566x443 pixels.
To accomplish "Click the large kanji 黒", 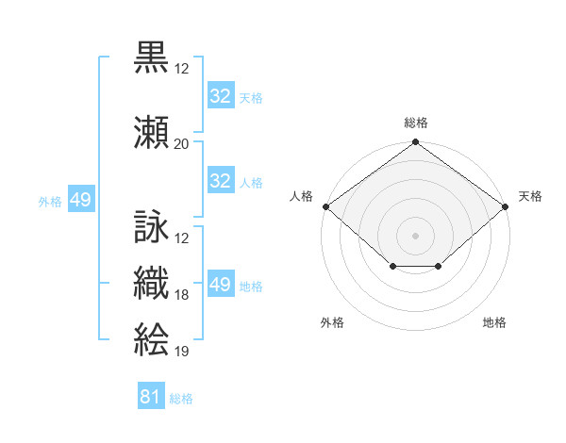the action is click(x=151, y=57).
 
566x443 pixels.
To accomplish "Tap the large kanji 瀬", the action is click(x=151, y=132).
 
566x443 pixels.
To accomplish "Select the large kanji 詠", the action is click(x=151, y=226).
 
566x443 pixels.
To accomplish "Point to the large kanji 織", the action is click(x=151, y=283).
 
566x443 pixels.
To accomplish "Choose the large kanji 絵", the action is click(x=151, y=339).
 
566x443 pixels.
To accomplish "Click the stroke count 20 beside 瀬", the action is click(x=181, y=144).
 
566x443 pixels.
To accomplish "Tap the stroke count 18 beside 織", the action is click(x=181, y=295).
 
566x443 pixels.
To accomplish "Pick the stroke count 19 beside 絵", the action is click(x=181, y=352).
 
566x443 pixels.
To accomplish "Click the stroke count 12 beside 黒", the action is click(x=181, y=69).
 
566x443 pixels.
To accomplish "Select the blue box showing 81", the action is click(x=151, y=395).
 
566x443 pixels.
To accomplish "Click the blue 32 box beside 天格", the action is click(x=221, y=95).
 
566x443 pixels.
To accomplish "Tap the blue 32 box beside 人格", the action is click(x=221, y=180).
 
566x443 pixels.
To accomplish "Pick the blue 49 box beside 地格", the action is click(x=221, y=283).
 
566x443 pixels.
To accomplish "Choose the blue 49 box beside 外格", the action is click(x=81, y=199).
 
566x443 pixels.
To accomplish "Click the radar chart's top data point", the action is click(x=415, y=141).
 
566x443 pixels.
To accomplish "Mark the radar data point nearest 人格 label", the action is click(x=326, y=206).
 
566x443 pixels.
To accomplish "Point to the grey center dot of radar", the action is click(x=415, y=236).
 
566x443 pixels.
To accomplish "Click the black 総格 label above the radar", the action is click(x=416, y=123).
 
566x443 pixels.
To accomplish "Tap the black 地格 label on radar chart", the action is click(x=494, y=322).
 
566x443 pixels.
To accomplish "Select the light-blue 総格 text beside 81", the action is click(x=181, y=399).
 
